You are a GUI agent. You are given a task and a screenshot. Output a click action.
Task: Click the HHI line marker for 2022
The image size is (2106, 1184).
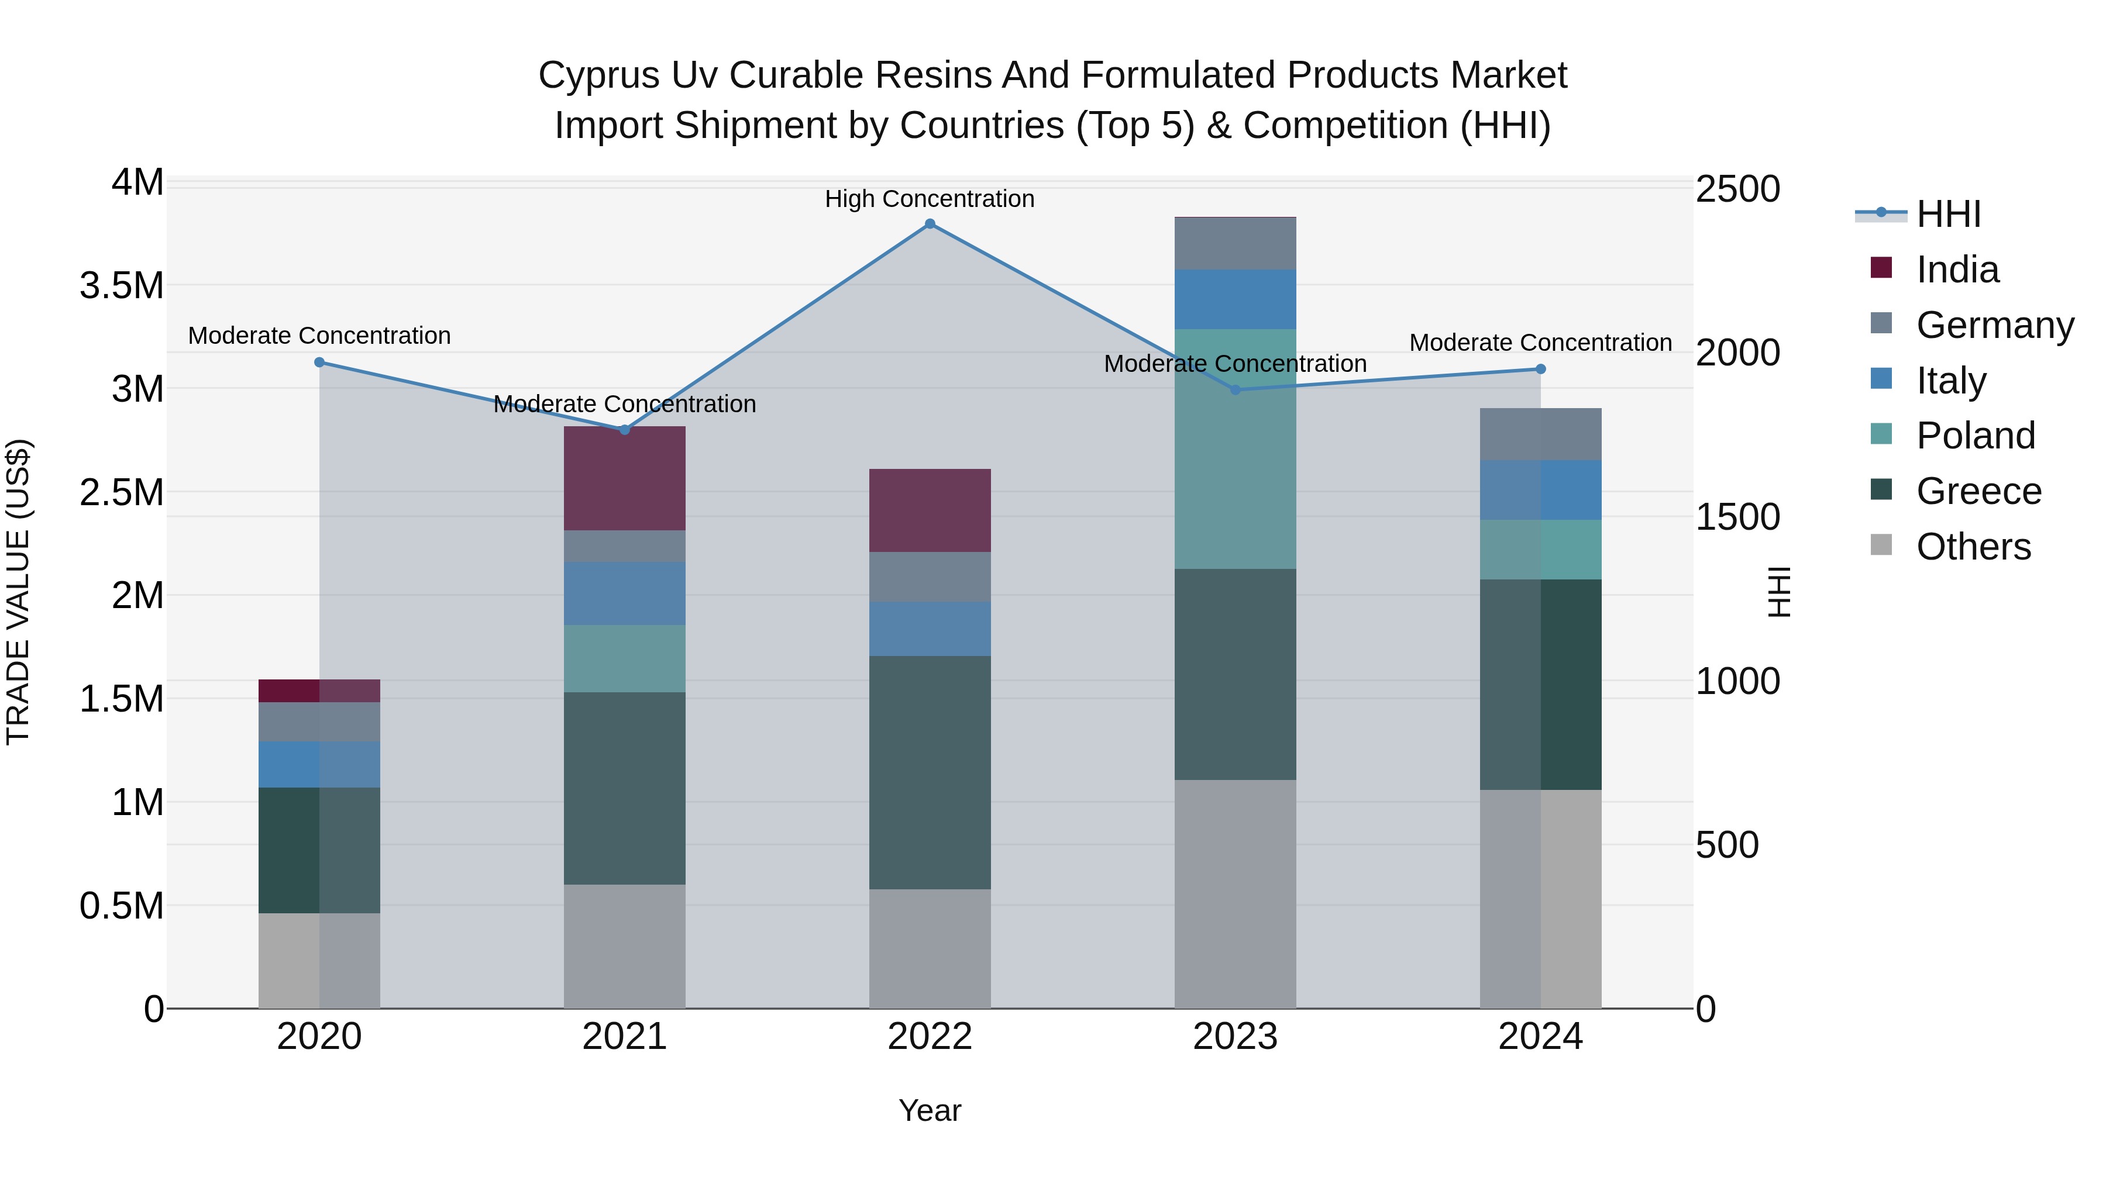coord(930,224)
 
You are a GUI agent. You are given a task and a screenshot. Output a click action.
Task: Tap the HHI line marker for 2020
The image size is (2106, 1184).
coord(319,362)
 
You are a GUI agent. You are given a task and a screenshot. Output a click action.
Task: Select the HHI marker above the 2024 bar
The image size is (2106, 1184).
coord(1540,368)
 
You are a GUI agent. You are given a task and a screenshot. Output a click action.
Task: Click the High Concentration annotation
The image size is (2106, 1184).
coord(930,199)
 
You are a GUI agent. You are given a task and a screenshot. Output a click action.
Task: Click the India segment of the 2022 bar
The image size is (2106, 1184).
coord(930,510)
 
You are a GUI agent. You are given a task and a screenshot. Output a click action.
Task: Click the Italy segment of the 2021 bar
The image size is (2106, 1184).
coord(625,593)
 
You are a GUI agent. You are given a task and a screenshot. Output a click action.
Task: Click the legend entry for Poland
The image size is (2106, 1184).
coord(1974,436)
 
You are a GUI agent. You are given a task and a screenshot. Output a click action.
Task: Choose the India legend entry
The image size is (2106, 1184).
coord(1956,270)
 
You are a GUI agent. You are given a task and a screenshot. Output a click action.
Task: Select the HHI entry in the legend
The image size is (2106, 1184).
coord(1947,214)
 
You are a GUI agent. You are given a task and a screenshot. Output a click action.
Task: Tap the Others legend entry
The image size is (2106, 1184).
coord(1972,547)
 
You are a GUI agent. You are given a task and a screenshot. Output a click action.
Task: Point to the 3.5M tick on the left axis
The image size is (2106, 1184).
coord(121,286)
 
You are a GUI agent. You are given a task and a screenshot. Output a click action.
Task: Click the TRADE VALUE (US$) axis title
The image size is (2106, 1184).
coord(18,592)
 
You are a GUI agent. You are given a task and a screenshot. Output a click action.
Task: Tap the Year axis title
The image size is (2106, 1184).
coord(930,1110)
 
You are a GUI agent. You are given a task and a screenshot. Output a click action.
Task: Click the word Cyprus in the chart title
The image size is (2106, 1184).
coord(598,75)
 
